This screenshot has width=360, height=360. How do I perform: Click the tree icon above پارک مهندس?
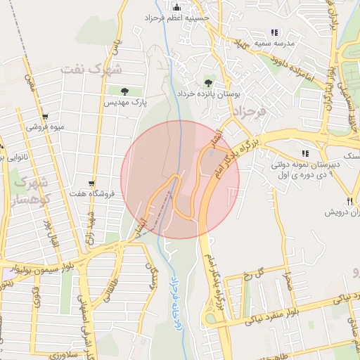pyautogui.click(x=124, y=91)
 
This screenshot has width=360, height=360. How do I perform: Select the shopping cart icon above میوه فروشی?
pyautogui.click(x=45, y=117)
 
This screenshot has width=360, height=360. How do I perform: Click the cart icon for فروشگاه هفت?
pyautogui.click(x=91, y=182)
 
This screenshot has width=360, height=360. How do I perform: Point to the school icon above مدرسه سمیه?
pyautogui.click(x=274, y=32)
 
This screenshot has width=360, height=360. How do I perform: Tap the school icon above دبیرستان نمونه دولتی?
pyautogui.click(x=304, y=153)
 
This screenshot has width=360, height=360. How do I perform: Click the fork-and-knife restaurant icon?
pyautogui.click(x=349, y=201)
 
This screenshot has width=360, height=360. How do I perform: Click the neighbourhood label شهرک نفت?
pyautogui.click(x=91, y=69)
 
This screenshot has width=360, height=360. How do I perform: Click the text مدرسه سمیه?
pyautogui.click(x=288, y=42)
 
